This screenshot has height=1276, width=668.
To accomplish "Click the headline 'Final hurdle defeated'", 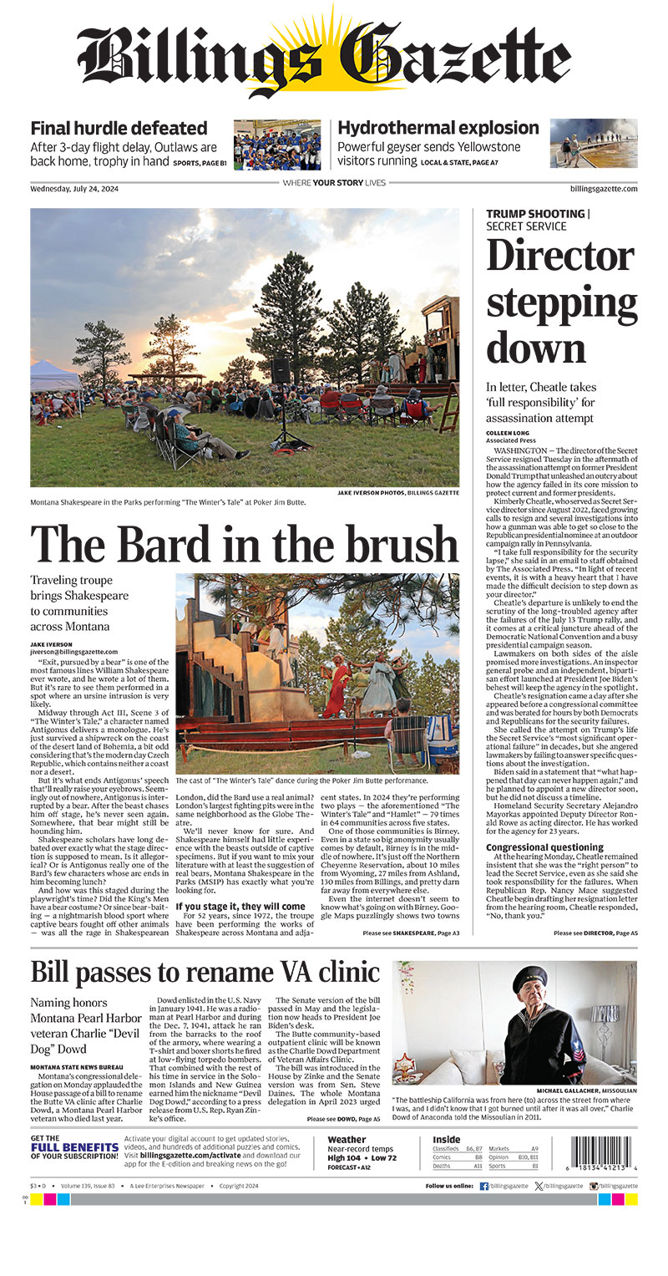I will [x=119, y=129].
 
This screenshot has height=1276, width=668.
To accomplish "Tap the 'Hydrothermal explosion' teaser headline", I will [x=438, y=129].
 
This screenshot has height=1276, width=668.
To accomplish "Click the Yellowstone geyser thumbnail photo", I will [x=593, y=143].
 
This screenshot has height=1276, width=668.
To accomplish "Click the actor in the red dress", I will [x=337, y=685].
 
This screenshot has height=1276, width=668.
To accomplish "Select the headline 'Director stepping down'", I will [x=559, y=300].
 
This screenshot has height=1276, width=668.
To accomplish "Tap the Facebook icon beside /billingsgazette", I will [x=484, y=1186].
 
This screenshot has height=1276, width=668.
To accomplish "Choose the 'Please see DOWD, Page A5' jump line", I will [x=343, y=1119].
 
